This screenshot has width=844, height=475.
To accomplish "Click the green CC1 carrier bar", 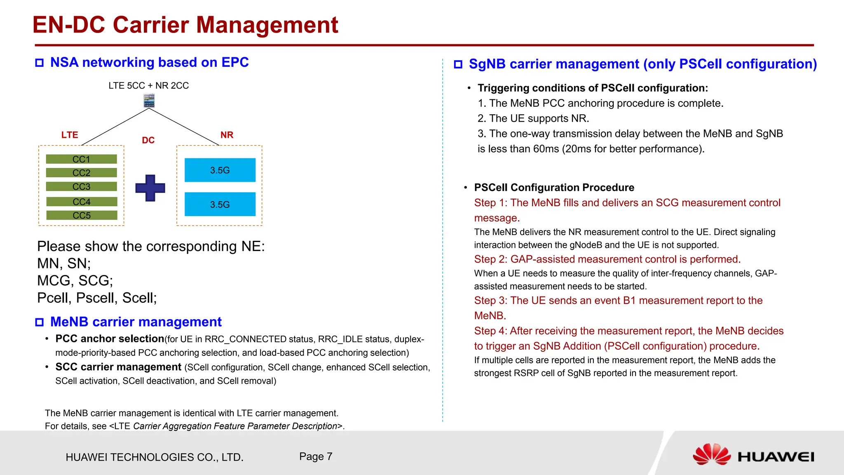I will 81,159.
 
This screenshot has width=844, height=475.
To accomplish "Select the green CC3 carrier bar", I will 81,187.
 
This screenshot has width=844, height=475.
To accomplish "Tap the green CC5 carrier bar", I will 82,215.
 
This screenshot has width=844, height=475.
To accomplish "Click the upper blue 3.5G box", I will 220,170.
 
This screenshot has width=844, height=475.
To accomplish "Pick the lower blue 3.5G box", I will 220,204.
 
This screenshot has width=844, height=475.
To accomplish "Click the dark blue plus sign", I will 150,188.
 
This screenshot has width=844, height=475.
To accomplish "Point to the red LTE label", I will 70,135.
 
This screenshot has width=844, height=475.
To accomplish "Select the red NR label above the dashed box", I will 227,135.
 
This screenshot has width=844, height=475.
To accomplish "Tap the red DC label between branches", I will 148,140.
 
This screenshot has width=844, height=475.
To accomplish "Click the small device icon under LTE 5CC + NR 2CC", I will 149,101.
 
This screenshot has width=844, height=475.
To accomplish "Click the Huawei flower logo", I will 712,455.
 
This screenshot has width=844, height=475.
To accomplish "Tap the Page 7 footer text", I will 316,456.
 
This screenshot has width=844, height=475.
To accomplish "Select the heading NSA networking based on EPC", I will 149,62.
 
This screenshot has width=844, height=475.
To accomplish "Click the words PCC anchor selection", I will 110,339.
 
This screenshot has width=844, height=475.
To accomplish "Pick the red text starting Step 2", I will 607,259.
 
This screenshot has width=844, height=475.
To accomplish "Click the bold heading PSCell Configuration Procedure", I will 554,188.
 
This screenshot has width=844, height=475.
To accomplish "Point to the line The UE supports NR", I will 533,118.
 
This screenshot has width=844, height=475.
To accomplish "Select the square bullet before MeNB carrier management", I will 40,322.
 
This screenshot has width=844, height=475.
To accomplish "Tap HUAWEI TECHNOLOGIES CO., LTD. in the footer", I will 155,457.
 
